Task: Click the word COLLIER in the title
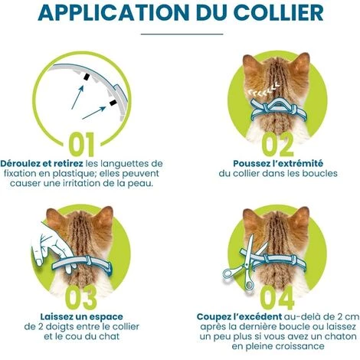(x=279, y=12)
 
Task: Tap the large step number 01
(x=82, y=144)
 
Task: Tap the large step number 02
(x=278, y=145)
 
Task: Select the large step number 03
(x=81, y=298)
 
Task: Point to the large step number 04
(x=277, y=298)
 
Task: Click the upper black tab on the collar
(x=87, y=77)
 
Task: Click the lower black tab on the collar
(x=113, y=103)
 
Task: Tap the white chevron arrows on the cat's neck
(x=263, y=90)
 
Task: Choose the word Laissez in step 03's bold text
(x=57, y=317)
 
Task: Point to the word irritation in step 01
(x=82, y=183)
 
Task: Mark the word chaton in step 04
(x=340, y=336)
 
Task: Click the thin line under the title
(x=182, y=34)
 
